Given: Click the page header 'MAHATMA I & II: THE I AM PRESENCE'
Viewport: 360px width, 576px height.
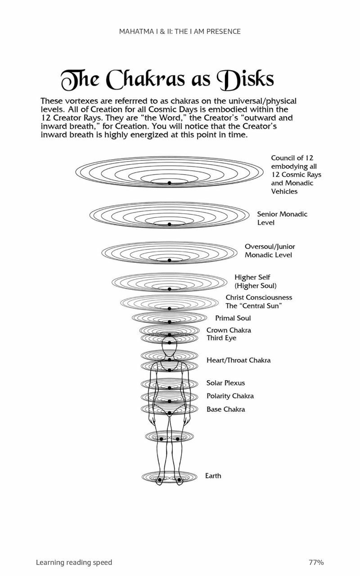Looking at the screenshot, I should pyautogui.click(x=180, y=31).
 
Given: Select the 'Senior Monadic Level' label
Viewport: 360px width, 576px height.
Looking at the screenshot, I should pyautogui.click(x=282, y=218).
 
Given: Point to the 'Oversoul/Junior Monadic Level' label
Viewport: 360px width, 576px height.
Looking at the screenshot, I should pyautogui.click(x=270, y=251).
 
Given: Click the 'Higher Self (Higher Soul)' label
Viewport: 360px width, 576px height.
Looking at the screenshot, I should pyautogui.click(x=255, y=281).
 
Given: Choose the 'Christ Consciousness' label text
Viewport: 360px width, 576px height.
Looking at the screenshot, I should pyautogui.click(x=259, y=297).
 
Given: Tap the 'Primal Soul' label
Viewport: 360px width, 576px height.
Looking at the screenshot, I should pyautogui.click(x=233, y=318).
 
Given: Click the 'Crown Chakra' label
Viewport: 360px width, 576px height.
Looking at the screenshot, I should pyautogui.click(x=229, y=330).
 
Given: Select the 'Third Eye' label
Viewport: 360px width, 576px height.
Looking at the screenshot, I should pyautogui.click(x=221, y=338).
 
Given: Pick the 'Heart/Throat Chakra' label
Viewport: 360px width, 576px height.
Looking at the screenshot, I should pyautogui.click(x=238, y=360).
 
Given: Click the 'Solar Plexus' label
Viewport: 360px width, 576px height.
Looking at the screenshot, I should pyautogui.click(x=225, y=383).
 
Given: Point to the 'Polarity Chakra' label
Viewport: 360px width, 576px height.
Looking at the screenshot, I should pyautogui.click(x=230, y=396).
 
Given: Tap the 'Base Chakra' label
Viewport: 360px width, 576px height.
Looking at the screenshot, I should pyautogui.click(x=225, y=409).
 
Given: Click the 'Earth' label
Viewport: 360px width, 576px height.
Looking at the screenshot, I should pyautogui.click(x=213, y=476).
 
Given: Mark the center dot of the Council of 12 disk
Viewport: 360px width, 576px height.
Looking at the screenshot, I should pyautogui.click(x=169, y=183).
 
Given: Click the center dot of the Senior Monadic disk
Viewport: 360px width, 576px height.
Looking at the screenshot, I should pyautogui.click(x=169, y=224).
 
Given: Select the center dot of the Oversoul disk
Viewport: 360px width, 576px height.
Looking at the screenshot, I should pyautogui.click(x=169, y=261).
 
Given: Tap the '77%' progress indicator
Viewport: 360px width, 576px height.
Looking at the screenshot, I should pyautogui.click(x=316, y=562).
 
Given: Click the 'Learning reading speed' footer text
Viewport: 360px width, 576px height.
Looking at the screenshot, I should pyautogui.click(x=74, y=562).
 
